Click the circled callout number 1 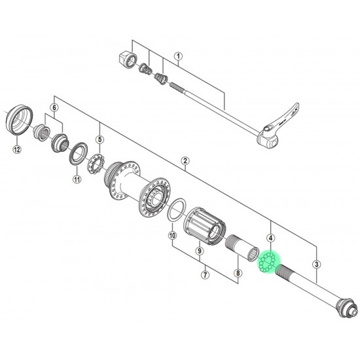[178, 56]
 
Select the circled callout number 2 [185, 161]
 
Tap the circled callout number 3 [317, 264]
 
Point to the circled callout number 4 [271, 238]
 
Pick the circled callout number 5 [99, 139]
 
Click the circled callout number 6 [54, 108]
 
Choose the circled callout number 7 [205, 275]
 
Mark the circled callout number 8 [238, 273]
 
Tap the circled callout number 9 [199, 251]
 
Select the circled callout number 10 [172, 236]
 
